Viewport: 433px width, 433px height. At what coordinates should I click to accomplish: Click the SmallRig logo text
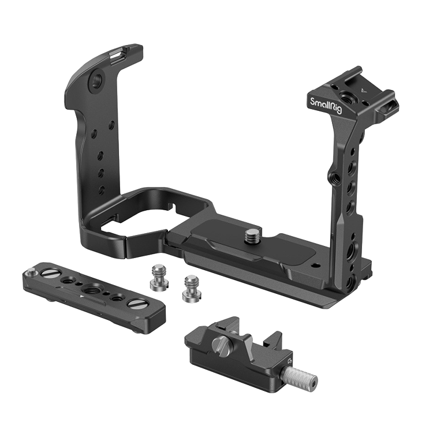(x=326, y=106)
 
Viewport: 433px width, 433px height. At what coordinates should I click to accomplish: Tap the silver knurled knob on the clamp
(x=298, y=378)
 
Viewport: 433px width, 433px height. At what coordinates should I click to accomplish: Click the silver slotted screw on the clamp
(x=220, y=346)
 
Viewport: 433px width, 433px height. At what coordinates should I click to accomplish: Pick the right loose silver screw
(x=190, y=288)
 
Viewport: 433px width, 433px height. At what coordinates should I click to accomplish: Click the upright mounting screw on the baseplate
(x=253, y=235)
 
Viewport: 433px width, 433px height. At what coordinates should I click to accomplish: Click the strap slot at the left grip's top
(x=117, y=52)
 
